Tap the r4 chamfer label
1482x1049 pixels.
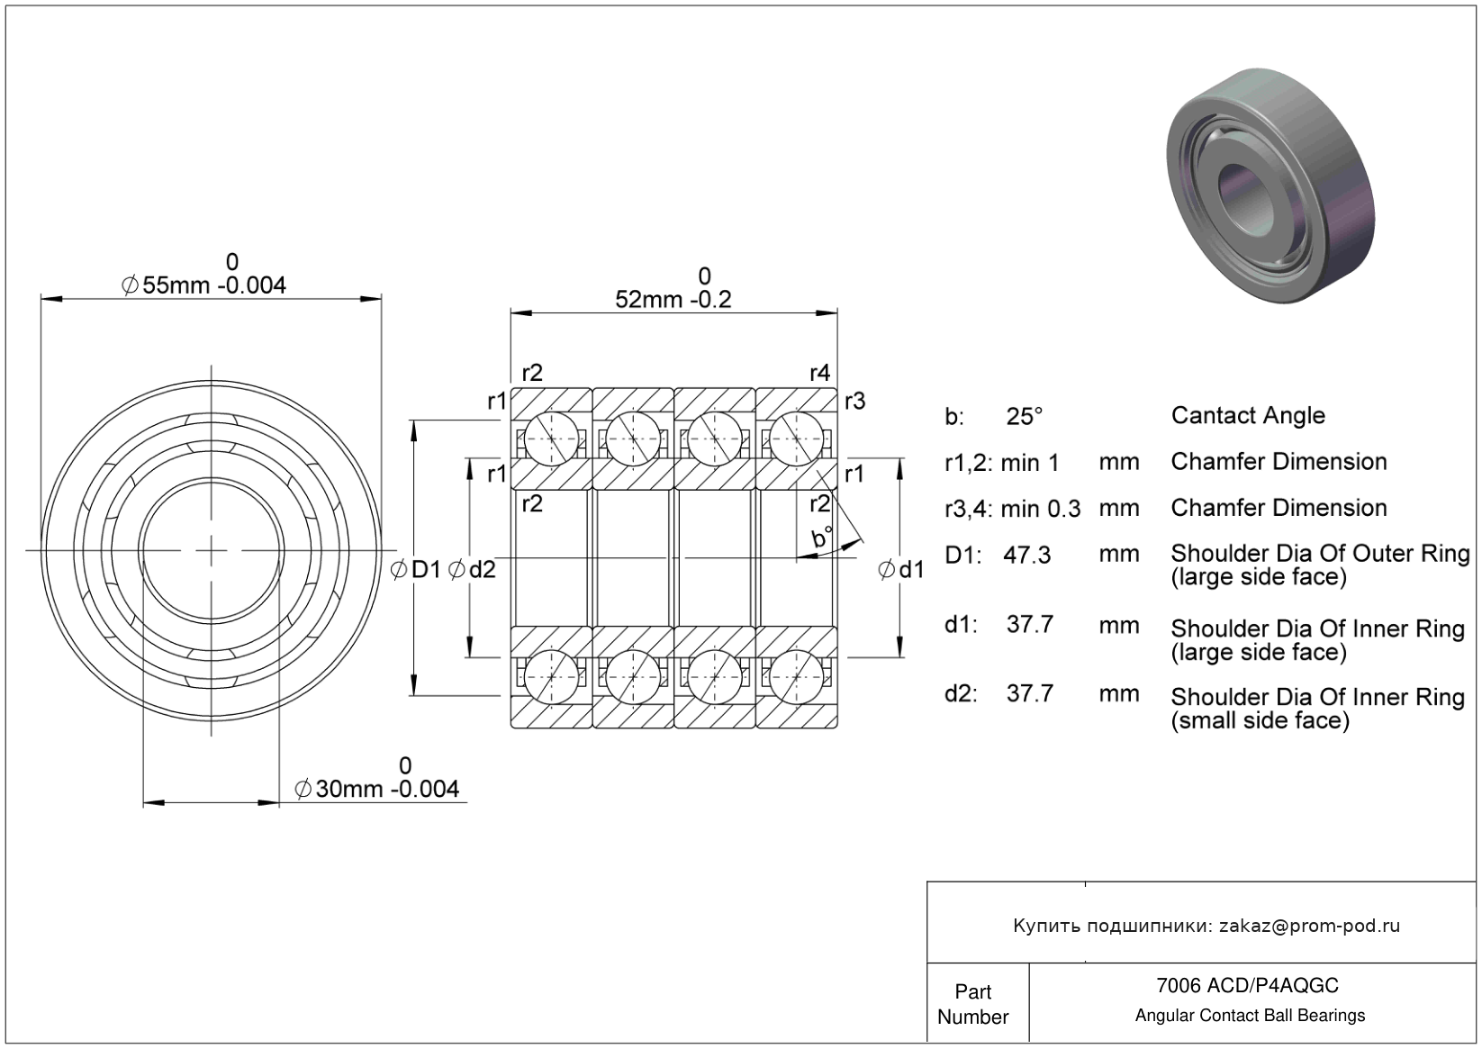pos(819,373)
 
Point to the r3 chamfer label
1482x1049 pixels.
pos(854,401)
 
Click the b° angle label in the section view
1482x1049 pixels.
pos(822,537)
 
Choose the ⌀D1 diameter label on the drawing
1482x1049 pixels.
pos(415,569)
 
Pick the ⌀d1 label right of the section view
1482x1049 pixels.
pos(901,569)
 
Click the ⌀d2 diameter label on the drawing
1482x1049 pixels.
pos(472,569)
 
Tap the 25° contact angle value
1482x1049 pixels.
pos(1025,416)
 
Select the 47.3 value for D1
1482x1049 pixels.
pos(1026,555)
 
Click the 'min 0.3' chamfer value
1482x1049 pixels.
pos(1040,509)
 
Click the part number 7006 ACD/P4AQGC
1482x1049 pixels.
pos(1247,985)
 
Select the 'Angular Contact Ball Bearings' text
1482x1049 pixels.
pos(1250,1016)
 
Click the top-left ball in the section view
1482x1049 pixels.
pos(551,439)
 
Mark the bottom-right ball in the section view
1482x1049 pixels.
pos(797,676)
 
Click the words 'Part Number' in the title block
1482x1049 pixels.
pos(972,1004)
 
